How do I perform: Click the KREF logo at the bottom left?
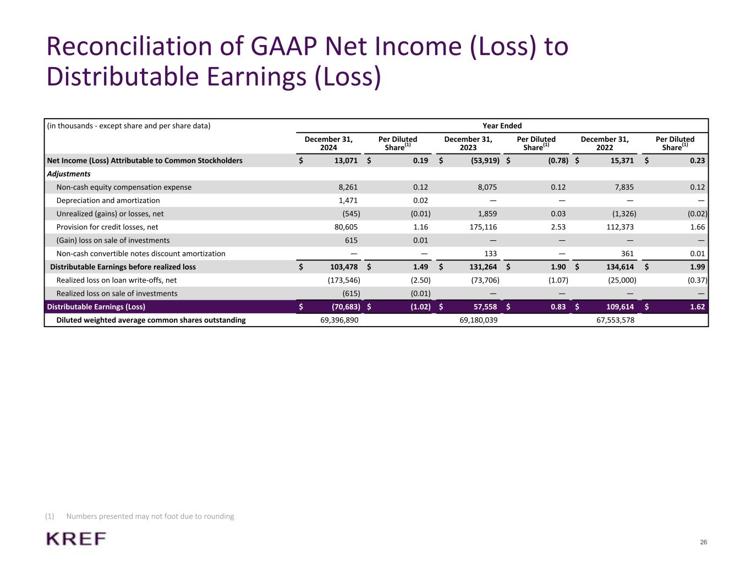pyautogui.click(x=76, y=539)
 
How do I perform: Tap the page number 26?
pyautogui.click(x=703, y=543)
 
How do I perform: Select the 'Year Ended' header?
pyautogui.click(x=502, y=125)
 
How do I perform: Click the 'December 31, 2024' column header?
pyautogui.click(x=328, y=143)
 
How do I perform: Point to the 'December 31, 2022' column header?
pyautogui.click(x=605, y=143)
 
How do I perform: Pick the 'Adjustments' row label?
pyautogui.click(x=69, y=174)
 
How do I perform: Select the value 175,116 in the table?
pyautogui.click(x=484, y=227)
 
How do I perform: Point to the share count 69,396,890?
pyautogui.click(x=339, y=320)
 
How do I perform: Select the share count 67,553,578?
pyautogui.click(x=615, y=320)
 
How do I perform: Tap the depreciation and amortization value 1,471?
pyautogui.click(x=348, y=201)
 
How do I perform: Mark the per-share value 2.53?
pyautogui.click(x=558, y=227)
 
